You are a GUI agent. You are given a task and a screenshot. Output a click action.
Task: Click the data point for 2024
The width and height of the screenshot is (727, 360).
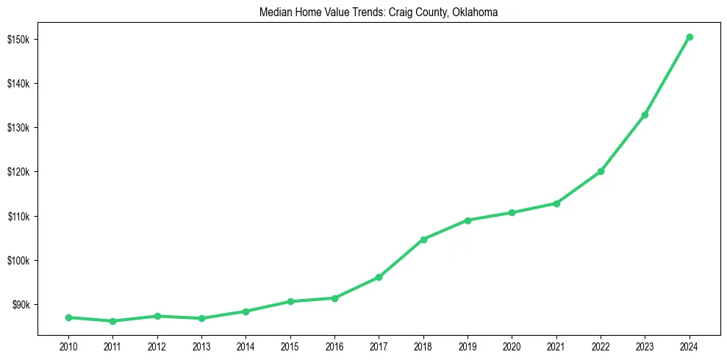pos(690,37)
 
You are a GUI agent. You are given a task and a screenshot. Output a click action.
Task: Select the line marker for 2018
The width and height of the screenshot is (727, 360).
pos(423,240)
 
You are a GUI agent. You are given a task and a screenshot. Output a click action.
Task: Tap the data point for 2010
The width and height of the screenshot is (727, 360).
pos(68,317)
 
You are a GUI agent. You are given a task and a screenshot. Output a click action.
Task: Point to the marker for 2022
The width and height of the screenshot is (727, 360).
pos(601,171)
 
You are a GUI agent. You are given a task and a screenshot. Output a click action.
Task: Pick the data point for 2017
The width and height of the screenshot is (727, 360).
pos(379,277)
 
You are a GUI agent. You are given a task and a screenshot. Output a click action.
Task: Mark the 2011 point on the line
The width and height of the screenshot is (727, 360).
pos(112,321)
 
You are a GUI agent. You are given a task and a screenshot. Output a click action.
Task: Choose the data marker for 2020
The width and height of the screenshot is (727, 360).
pos(512,212)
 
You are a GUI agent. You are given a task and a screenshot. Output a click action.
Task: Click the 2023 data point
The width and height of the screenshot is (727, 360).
pos(645,115)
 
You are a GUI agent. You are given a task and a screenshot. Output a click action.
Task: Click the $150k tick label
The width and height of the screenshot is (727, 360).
pos(17,39)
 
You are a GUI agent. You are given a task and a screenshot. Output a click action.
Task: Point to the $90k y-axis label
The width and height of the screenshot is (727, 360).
pos(18,305)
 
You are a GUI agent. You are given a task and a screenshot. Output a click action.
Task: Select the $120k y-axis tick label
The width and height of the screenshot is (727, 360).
pos(17,172)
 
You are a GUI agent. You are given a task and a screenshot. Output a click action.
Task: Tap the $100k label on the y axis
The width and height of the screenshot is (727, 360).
pos(17,261)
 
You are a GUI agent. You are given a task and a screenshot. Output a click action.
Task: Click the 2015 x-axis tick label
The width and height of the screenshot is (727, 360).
pos(290,345)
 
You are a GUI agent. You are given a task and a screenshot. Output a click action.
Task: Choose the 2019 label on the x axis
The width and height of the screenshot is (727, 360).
pos(468,345)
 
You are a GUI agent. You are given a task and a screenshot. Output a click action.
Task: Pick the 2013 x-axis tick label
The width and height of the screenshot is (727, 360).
pos(201,345)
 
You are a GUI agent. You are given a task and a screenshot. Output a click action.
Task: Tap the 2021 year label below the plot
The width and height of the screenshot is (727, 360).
pos(556,345)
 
